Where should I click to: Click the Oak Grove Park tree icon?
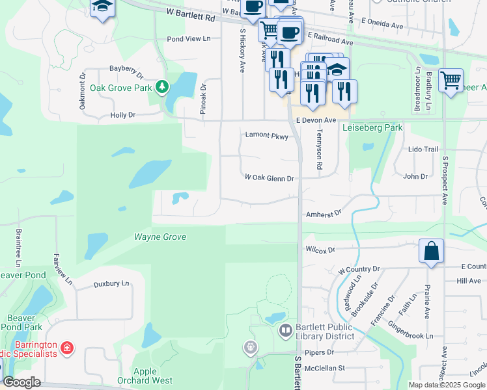163,87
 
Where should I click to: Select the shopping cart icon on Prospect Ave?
451,81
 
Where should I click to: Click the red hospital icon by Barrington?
66,350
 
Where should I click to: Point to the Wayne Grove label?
160,237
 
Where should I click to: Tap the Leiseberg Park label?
372,128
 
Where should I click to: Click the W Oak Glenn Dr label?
270,177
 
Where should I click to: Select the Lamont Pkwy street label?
266,136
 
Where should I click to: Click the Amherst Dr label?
323,213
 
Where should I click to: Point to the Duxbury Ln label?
111,283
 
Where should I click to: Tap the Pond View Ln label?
189,39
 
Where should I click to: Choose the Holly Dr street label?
122,115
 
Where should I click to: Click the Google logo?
21,383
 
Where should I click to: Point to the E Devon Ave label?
316,121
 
